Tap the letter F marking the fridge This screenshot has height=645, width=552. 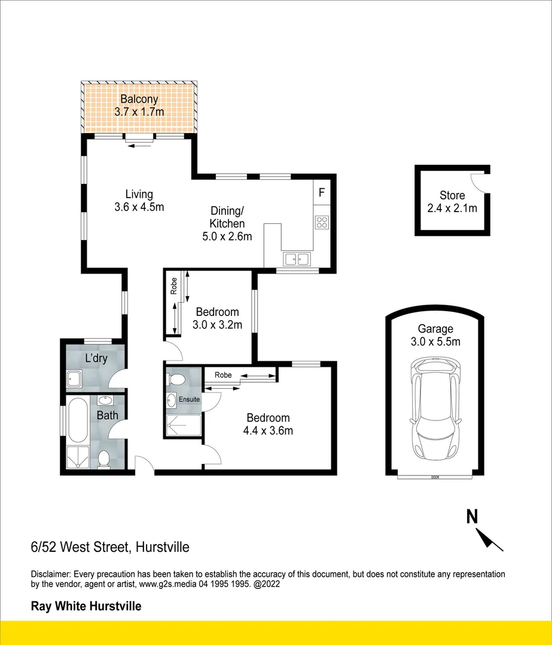321,193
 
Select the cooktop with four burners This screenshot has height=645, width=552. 321,222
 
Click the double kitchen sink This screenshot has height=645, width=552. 297,259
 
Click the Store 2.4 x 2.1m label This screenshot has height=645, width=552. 452,202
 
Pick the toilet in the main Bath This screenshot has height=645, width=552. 103,459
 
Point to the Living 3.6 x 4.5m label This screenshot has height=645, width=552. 139,201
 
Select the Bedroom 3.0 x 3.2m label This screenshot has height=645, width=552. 217,318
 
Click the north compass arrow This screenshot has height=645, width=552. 491,539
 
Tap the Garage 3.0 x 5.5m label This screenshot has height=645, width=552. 435,335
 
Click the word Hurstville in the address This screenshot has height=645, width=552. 163,546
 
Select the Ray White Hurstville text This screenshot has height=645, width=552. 86,606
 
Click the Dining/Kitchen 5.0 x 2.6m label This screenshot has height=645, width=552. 227,223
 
